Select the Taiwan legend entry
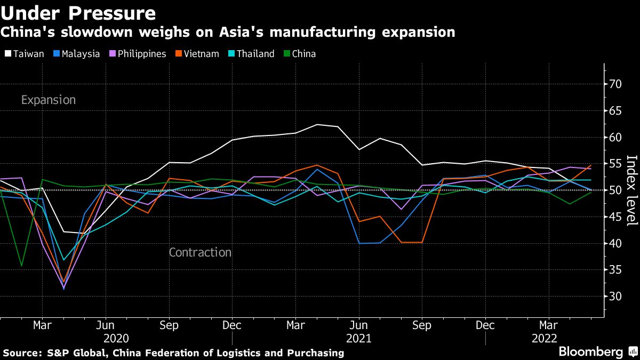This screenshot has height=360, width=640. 25,54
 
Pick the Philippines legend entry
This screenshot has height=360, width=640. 137,54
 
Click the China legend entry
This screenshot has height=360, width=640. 299,54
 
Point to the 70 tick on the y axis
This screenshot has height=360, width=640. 616,84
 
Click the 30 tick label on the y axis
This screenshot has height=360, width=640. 616,296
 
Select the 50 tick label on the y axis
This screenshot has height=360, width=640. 616,190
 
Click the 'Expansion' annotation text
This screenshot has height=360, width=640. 49,100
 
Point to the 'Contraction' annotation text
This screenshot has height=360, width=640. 200,252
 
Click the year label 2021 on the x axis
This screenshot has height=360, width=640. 358,338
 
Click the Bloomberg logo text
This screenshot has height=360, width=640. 590,352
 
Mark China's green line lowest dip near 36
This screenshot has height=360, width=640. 21,266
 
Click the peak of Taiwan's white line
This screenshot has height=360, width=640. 318,124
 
